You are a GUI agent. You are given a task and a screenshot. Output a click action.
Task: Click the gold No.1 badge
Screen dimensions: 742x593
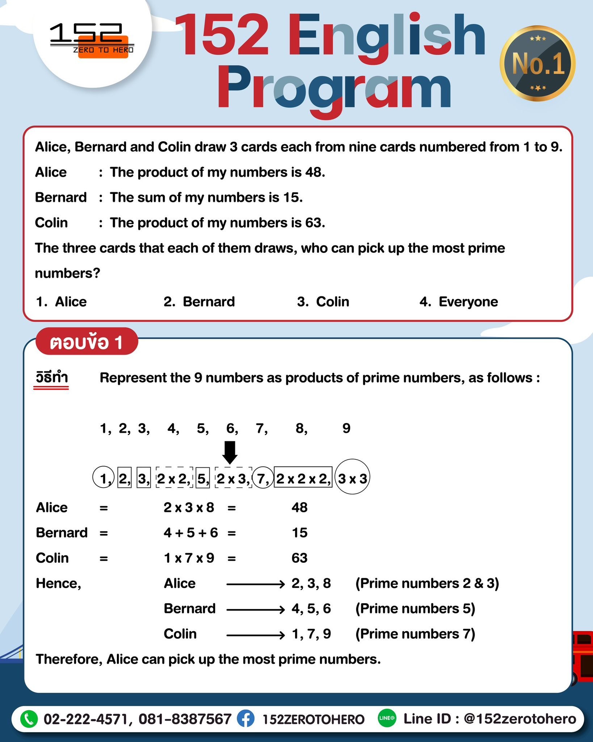tap(538, 63)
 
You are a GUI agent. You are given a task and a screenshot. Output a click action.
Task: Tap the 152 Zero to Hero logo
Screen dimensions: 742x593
tap(92, 42)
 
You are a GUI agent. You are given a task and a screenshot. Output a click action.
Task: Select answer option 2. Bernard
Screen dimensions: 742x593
tap(199, 301)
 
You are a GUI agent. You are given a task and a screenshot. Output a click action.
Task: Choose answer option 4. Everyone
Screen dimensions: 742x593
tap(459, 301)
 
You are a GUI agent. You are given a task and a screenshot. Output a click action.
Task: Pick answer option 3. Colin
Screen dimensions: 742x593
tap(323, 301)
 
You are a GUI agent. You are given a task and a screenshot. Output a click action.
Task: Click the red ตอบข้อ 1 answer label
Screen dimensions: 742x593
tap(87, 342)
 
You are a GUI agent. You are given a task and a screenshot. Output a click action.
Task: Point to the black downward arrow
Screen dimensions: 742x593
tap(230, 452)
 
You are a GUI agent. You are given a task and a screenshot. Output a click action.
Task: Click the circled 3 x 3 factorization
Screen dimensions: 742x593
tap(352, 478)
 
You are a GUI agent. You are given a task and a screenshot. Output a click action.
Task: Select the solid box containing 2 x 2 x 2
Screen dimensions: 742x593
tap(303, 479)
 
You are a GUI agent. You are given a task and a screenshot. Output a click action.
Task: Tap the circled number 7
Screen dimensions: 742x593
tap(262, 479)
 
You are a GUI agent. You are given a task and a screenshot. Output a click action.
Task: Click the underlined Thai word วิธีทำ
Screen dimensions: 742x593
tap(51, 378)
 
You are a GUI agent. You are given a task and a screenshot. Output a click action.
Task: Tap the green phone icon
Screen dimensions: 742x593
tap(29, 719)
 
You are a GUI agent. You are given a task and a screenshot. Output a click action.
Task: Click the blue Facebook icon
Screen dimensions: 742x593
tap(245, 719)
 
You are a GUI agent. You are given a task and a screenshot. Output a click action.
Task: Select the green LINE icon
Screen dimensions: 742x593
tap(387, 718)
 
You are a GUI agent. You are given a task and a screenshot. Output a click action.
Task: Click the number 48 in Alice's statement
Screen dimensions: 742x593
tap(314, 172)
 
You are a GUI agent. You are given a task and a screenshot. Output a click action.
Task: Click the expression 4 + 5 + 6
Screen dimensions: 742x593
tap(191, 533)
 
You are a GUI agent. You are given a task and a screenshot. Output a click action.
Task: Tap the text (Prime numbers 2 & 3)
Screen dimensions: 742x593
tap(427, 583)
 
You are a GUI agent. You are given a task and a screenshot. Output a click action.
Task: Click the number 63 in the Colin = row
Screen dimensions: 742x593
tap(299, 558)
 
